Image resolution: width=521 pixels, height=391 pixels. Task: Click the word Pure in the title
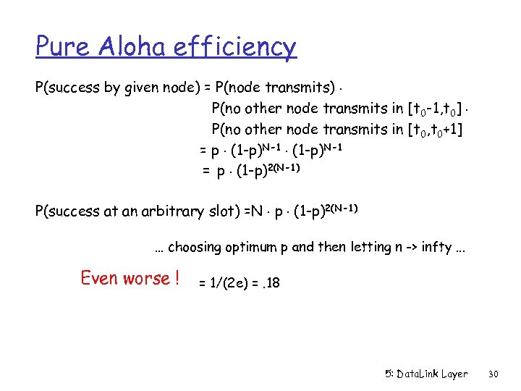tap(64, 47)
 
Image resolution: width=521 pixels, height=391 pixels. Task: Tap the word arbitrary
tap(158, 211)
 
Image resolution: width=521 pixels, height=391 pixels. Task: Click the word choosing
tap(195, 248)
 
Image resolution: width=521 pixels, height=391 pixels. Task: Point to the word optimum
tap(253, 248)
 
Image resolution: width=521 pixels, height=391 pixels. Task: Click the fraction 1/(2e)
tap(226, 283)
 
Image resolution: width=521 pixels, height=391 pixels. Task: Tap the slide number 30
tap(494, 374)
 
